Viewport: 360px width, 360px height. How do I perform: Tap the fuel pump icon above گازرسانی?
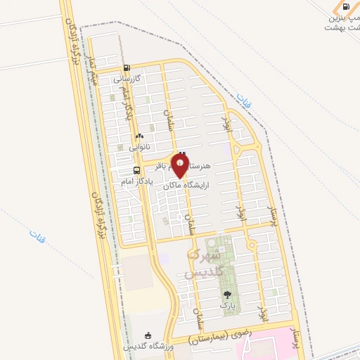(127, 69)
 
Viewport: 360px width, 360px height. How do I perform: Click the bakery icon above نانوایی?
(139, 136)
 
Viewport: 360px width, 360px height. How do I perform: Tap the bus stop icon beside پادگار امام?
(136, 170)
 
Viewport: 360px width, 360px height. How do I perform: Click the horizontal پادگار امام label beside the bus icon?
(128, 181)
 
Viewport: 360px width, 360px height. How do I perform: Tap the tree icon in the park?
(226, 295)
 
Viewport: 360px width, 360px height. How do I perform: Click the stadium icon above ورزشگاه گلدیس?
(146, 336)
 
